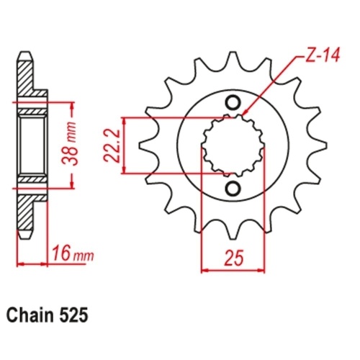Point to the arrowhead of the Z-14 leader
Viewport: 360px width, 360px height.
246,113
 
